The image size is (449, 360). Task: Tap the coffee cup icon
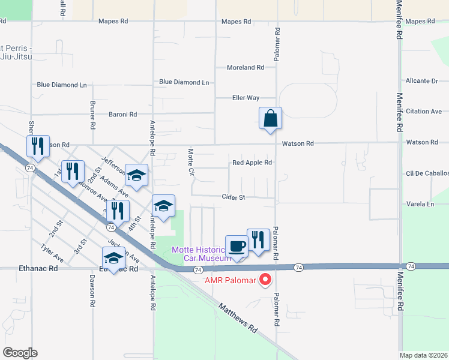click(237, 246)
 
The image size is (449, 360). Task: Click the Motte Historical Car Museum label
click(201, 254)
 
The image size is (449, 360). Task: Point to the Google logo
click(20, 353)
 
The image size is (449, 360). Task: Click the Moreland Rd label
click(246, 68)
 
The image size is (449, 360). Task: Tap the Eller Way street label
click(246, 98)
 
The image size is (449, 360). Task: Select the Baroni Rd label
click(122, 114)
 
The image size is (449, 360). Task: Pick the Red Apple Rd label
click(252, 163)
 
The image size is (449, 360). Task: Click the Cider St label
click(234, 197)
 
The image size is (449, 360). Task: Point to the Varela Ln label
click(421, 204)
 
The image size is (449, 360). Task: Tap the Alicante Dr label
click(421, 81)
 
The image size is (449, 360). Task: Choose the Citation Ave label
click(424, 112)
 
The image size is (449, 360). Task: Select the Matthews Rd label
click(238, 319)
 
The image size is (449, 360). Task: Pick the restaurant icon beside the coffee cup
click(258, 239)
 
